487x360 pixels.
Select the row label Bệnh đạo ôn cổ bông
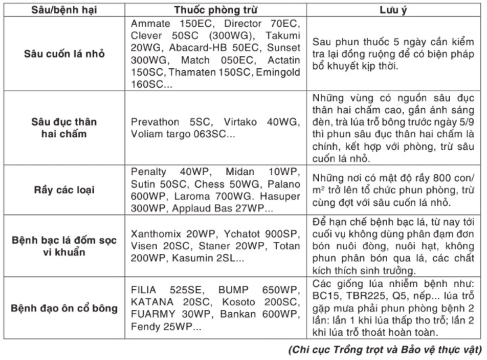tap(64, 309)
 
